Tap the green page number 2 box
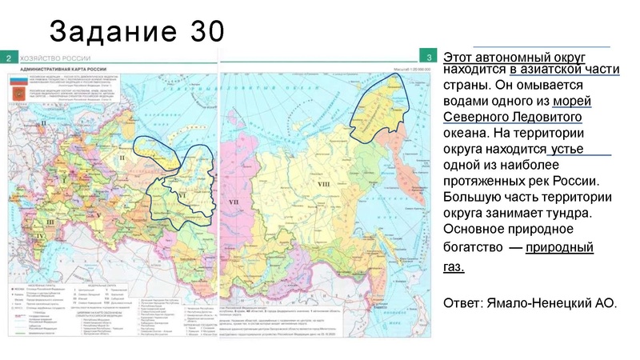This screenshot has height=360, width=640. pyautogui.click(x=8, y=58)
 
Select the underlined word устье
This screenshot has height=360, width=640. pyautogui.click(x=569, y=150)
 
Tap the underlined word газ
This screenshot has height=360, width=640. pyautogui.click(x=453, y=266)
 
